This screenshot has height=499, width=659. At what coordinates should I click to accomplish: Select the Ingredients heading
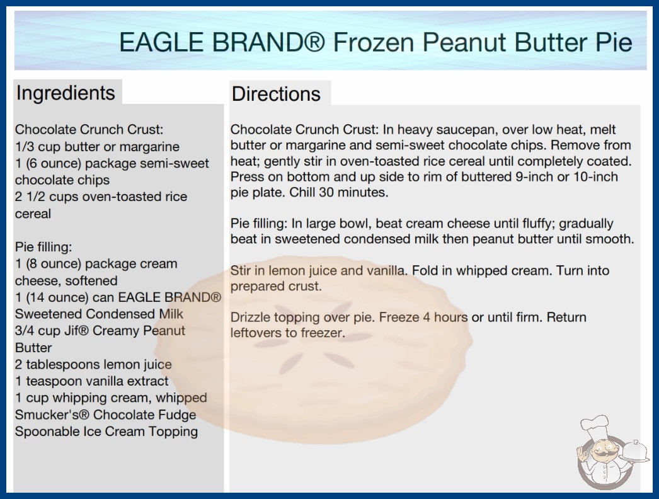pos(66,93)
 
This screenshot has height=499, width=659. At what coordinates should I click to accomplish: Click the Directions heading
pos(276,94)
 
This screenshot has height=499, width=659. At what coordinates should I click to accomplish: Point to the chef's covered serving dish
pos(634,452)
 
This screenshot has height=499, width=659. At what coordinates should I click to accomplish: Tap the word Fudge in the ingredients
pos(176,415)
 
